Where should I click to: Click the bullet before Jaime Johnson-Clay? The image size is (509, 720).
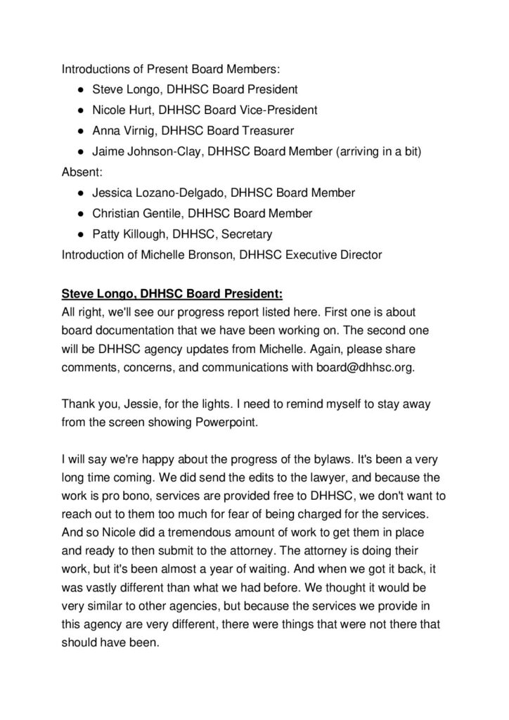(82, 151)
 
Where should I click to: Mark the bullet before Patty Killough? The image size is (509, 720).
(82, 233)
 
